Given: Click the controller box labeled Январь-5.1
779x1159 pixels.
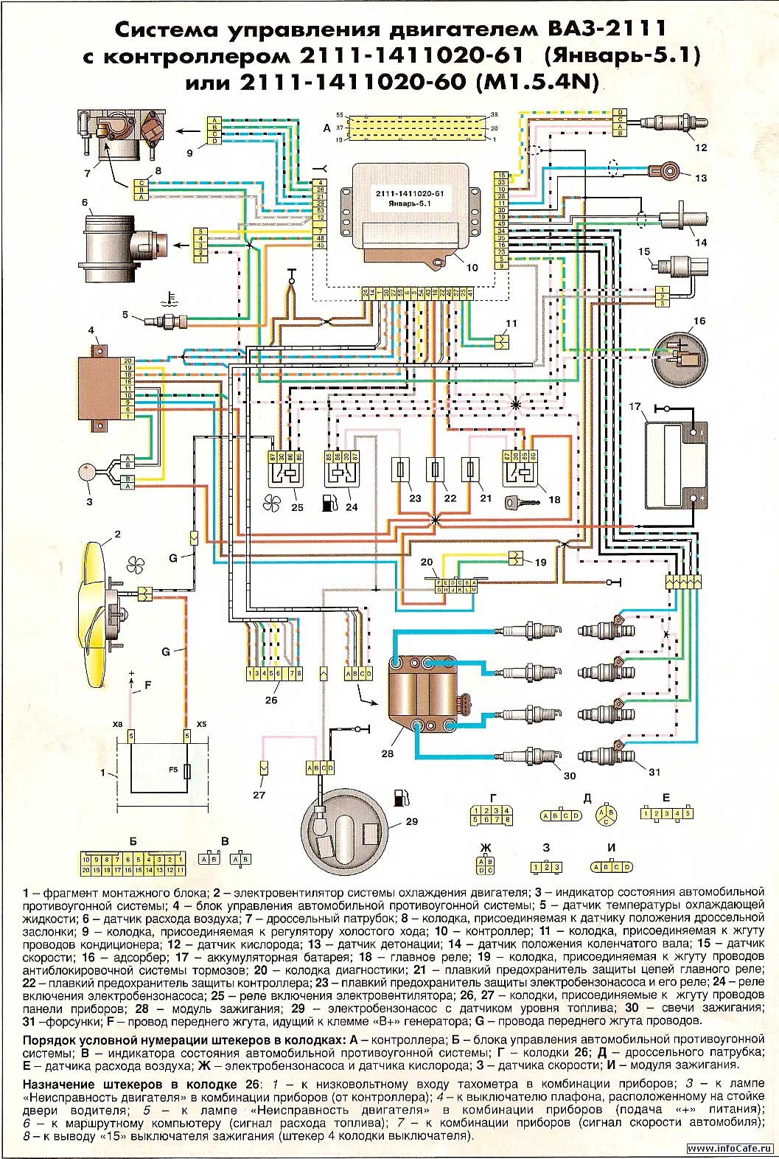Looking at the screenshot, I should point(407,208).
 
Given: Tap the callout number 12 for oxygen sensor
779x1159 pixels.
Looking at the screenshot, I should point(701,147).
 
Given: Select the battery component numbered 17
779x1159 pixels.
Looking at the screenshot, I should point(673,464).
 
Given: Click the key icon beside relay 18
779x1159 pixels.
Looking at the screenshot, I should point(517,502).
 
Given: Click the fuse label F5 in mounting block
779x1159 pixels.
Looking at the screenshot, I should point(173,770).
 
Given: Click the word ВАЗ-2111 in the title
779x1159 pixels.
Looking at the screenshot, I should point(604,29).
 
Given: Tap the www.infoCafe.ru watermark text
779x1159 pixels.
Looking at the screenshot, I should point(729,1149).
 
